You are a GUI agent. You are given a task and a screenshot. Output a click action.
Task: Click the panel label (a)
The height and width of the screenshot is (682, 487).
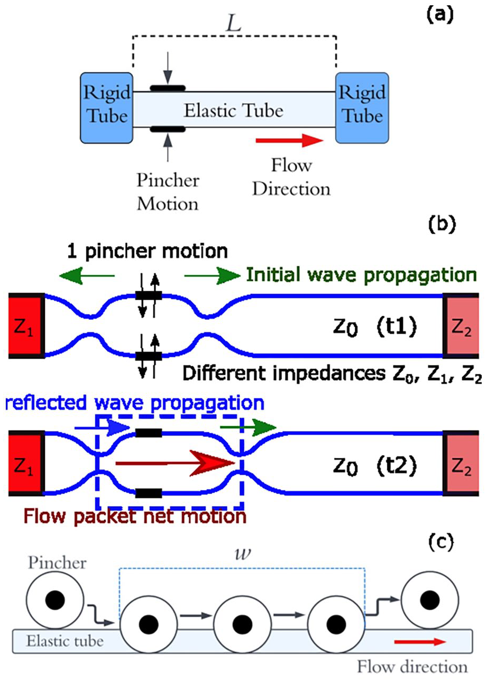[439, 14]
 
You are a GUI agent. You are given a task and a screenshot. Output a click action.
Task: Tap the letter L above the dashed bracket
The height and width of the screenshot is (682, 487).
[234, 23]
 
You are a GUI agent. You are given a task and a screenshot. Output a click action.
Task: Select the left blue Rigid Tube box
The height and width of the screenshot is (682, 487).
[107, 108]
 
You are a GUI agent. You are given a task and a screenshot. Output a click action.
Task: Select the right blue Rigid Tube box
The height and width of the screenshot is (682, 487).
[362, 108]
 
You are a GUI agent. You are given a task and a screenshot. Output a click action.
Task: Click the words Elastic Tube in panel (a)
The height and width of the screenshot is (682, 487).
[234, 110]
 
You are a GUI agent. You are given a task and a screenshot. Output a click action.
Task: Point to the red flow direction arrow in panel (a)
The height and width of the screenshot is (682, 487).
[289, 140]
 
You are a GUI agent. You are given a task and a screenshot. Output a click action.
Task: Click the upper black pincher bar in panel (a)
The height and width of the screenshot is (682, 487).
[168, 88]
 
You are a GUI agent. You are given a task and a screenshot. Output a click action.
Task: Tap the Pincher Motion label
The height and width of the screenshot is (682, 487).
[168, 192]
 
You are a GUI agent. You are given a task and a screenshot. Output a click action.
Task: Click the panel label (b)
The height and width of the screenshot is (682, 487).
[442, 224]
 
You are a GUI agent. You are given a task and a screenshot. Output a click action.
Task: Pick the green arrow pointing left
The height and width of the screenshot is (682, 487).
[87, 275]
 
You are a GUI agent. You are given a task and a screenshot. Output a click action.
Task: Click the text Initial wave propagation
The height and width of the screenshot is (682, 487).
[361, 275]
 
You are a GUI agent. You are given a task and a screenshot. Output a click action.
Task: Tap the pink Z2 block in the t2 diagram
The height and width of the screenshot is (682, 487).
[461, 464]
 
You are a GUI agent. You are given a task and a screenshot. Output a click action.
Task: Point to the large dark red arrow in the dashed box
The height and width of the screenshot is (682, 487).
[174, 464]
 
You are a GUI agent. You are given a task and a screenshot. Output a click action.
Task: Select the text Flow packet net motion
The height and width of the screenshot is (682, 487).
[135, 517]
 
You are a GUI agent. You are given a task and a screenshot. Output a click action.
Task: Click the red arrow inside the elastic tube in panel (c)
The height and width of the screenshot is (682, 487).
[420, 642]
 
